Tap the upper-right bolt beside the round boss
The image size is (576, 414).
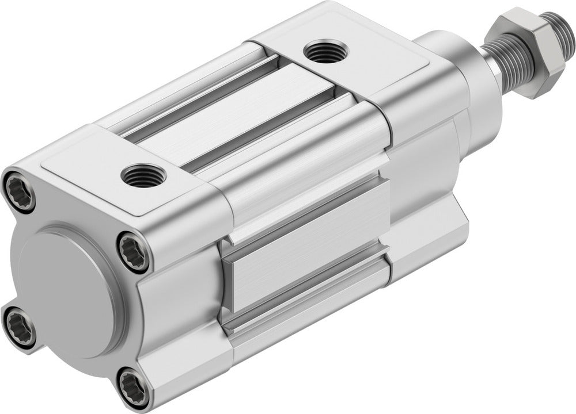134,251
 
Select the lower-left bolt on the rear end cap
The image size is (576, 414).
20,327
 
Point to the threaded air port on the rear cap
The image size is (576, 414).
143,175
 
